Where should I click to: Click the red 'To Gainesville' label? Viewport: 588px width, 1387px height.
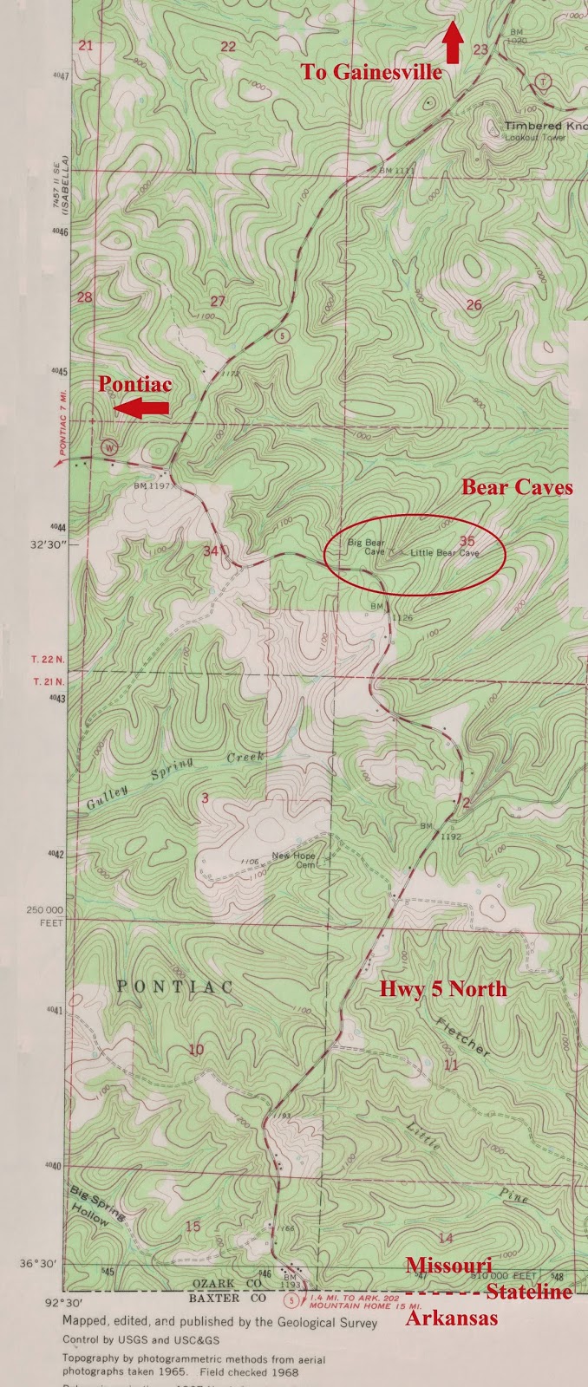371,73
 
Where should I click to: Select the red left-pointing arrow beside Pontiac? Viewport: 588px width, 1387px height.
143,408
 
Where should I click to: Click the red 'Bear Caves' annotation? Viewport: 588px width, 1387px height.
517,487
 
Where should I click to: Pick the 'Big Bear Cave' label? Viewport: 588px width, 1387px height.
366,547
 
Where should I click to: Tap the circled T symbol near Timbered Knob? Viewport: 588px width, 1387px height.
543,82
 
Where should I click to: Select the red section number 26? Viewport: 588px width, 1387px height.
474,304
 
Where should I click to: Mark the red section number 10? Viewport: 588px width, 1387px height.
196,1051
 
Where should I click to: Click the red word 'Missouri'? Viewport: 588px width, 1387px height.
449,1265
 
